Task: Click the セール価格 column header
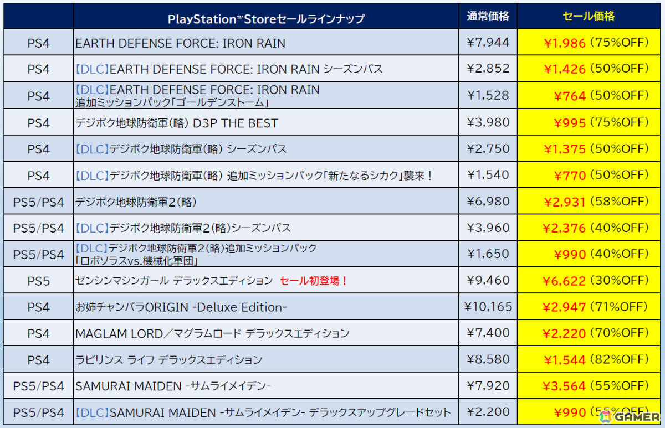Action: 588,17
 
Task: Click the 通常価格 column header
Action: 488,17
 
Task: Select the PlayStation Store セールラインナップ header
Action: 266,19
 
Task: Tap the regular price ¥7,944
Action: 488,43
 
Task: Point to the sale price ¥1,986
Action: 565,43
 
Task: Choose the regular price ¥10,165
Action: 488,306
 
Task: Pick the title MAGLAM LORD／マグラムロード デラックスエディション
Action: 212,333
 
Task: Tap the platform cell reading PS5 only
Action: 38,281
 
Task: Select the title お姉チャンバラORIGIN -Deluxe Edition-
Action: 181,307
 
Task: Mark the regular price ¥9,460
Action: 488,280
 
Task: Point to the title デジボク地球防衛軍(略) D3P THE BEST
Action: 176,123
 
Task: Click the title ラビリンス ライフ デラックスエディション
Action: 168,360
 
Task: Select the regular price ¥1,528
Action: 488,95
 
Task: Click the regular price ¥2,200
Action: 488,412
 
